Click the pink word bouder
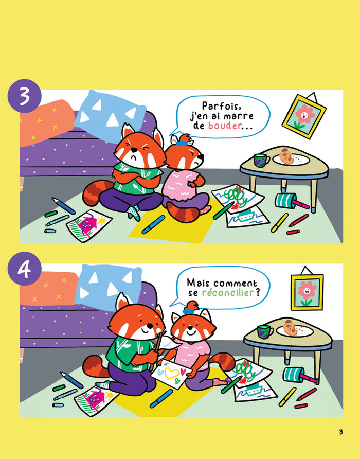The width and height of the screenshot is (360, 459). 225,126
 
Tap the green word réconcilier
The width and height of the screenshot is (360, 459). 228,292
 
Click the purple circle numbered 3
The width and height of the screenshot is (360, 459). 25,96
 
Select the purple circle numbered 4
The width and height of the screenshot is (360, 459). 25,269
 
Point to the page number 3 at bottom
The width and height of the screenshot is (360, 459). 341,432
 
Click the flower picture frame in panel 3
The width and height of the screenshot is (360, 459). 304,116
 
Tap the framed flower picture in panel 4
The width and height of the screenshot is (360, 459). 307,292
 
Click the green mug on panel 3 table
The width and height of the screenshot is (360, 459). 261,160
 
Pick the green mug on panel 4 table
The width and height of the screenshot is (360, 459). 265,332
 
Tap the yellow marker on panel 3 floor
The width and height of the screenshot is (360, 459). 279,223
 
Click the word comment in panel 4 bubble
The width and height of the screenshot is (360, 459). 236,284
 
